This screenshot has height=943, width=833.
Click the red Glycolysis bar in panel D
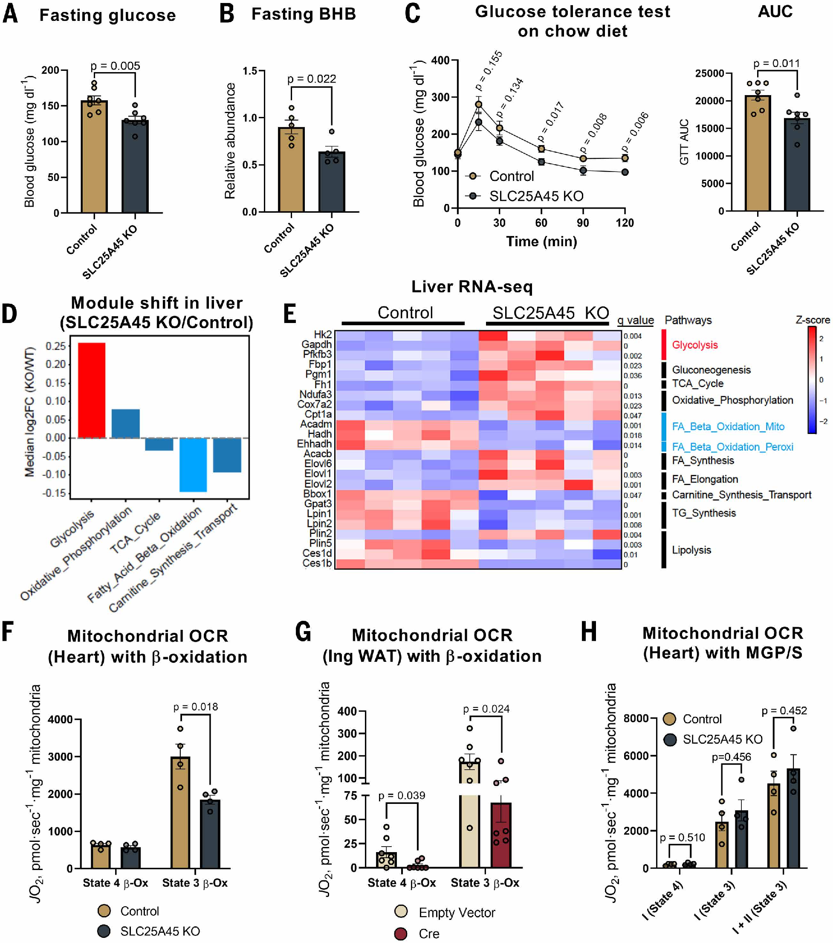point(91,390)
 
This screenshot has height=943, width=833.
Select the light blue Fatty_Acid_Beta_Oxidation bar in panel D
point(193,465)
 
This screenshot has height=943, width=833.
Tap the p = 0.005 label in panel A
point(115,66)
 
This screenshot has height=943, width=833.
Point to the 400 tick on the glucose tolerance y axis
point(441,61)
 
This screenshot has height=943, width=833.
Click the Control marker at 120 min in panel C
point(625,158)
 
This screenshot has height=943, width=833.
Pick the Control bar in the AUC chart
point(758,153)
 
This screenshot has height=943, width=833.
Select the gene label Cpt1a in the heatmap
point(318,414)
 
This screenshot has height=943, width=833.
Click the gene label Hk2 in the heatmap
point(323,335)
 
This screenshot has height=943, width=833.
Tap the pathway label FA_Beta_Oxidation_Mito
point(728,427)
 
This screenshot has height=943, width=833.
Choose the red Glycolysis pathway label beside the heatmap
point(695,345)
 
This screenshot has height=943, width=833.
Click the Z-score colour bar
point(812,380)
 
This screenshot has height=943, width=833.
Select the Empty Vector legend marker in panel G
point(401,911)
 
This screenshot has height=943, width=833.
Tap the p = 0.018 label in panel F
point(195,707)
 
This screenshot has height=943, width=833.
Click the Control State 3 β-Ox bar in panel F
point(180,812)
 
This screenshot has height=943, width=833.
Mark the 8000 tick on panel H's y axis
point(636,718)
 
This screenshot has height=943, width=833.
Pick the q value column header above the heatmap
point(635,320)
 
